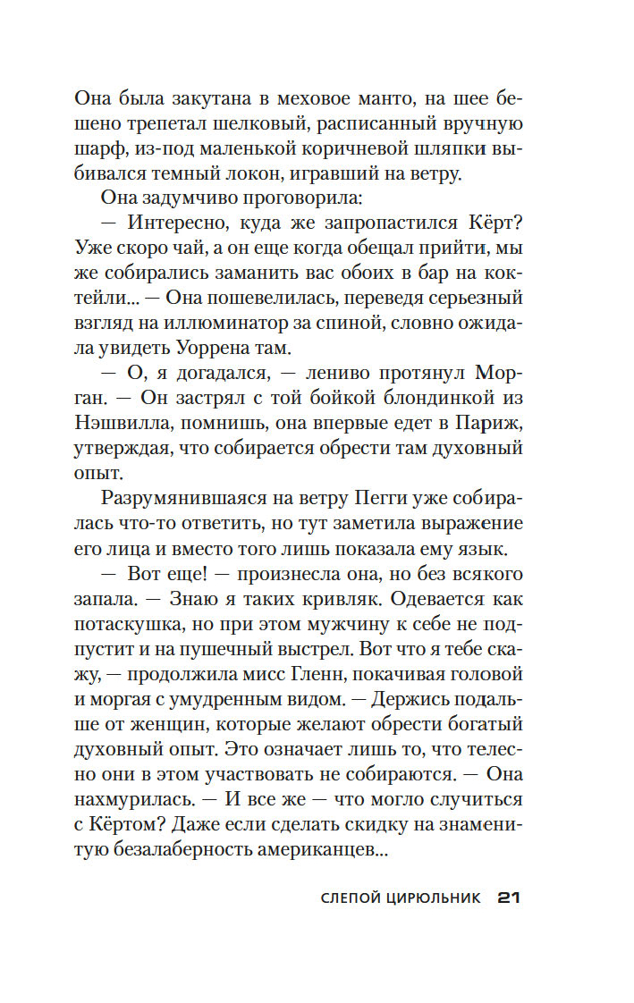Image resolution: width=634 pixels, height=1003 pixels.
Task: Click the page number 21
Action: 508,898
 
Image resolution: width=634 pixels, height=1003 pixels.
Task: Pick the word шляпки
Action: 444,149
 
